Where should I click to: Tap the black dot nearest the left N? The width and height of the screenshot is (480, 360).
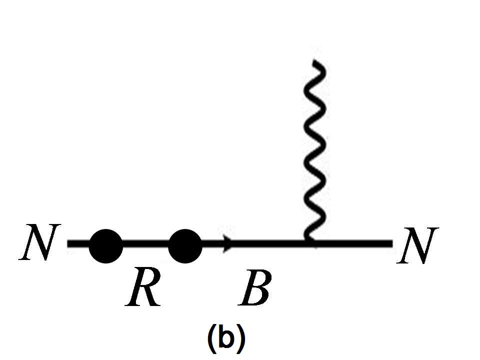tap(105, 245)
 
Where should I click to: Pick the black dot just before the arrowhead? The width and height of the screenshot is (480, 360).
tap(185, 245)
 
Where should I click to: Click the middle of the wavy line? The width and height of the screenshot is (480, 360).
tap(315, 150)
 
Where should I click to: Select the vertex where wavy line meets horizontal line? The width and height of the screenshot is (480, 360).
tap(310, 244)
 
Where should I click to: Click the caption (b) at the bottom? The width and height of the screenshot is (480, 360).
tap(226, 338)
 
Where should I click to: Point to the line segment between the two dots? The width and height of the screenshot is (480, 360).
tap(145, 244)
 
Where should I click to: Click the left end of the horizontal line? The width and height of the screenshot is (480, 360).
tap(69, 244)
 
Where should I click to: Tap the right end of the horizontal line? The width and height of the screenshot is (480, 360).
tap(391, 244)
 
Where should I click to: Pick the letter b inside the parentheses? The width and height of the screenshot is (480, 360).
tap(226, 337)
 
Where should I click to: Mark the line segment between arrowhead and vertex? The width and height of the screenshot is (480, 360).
tap(270, 244)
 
